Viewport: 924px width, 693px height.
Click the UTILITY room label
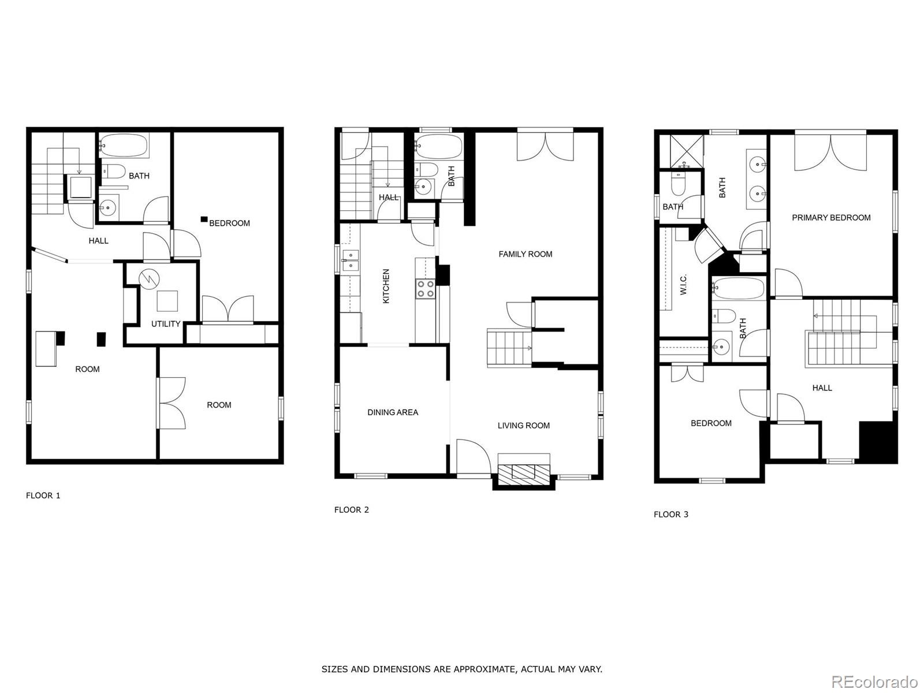pyautogui.click(x=165, y=324)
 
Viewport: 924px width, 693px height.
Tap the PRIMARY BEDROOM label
pyautogui.click(x=831, y=218)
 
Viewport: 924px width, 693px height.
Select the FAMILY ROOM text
pyautogui.click(x=526, y=254)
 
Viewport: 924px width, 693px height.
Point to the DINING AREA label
pyautogui.click(x=393, y=412)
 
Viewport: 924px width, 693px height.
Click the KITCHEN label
pyautogui.click(x=386, y=286)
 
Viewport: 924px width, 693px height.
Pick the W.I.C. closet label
pyautogui.click(x=683, y=285)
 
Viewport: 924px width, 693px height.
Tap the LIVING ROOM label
pyautogui.click(x=524, y=426)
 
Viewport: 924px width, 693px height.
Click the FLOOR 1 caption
pyautogui.click(x=43, y=495)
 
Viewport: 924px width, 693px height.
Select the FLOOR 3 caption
pyautogui.click(x=671, y=514)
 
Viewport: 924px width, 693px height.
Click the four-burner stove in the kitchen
pyautogui.click(x=424, y=289)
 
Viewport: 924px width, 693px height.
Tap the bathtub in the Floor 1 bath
pyautogui.click(x=124, y=146)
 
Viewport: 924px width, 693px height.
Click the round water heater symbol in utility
pyautogui.click(x=149, y=278)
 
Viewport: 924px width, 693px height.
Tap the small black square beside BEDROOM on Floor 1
pyautogui.click(x=204, y=219)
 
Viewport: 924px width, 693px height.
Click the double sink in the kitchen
pyautogui.click(x=351, y=260)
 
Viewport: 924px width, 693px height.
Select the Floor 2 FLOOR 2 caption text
pyautogui.click(x=352, y=510)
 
